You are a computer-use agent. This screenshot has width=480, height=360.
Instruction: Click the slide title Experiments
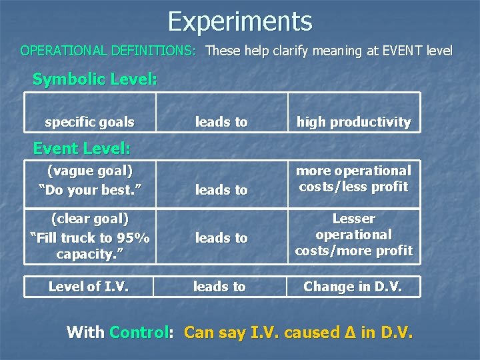click(240, 21)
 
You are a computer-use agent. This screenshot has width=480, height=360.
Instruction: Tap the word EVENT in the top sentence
click(389, 51)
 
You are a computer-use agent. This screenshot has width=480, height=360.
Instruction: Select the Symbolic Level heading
click(95, 79)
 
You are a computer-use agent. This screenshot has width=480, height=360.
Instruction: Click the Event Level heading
click(81, 148)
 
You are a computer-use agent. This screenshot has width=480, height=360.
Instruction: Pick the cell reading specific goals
click(89, 122)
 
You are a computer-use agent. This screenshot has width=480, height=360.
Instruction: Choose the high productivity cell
click(353, 122)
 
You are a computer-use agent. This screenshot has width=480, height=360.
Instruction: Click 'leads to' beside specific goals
click(221, 122)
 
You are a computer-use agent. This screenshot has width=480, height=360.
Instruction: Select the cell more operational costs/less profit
click(353, 179)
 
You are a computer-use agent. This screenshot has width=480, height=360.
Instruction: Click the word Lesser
click(353, 219)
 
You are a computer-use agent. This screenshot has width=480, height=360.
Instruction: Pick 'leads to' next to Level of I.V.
click(219, 287)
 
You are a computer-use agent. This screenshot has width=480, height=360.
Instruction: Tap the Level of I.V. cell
click(88, 287)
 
